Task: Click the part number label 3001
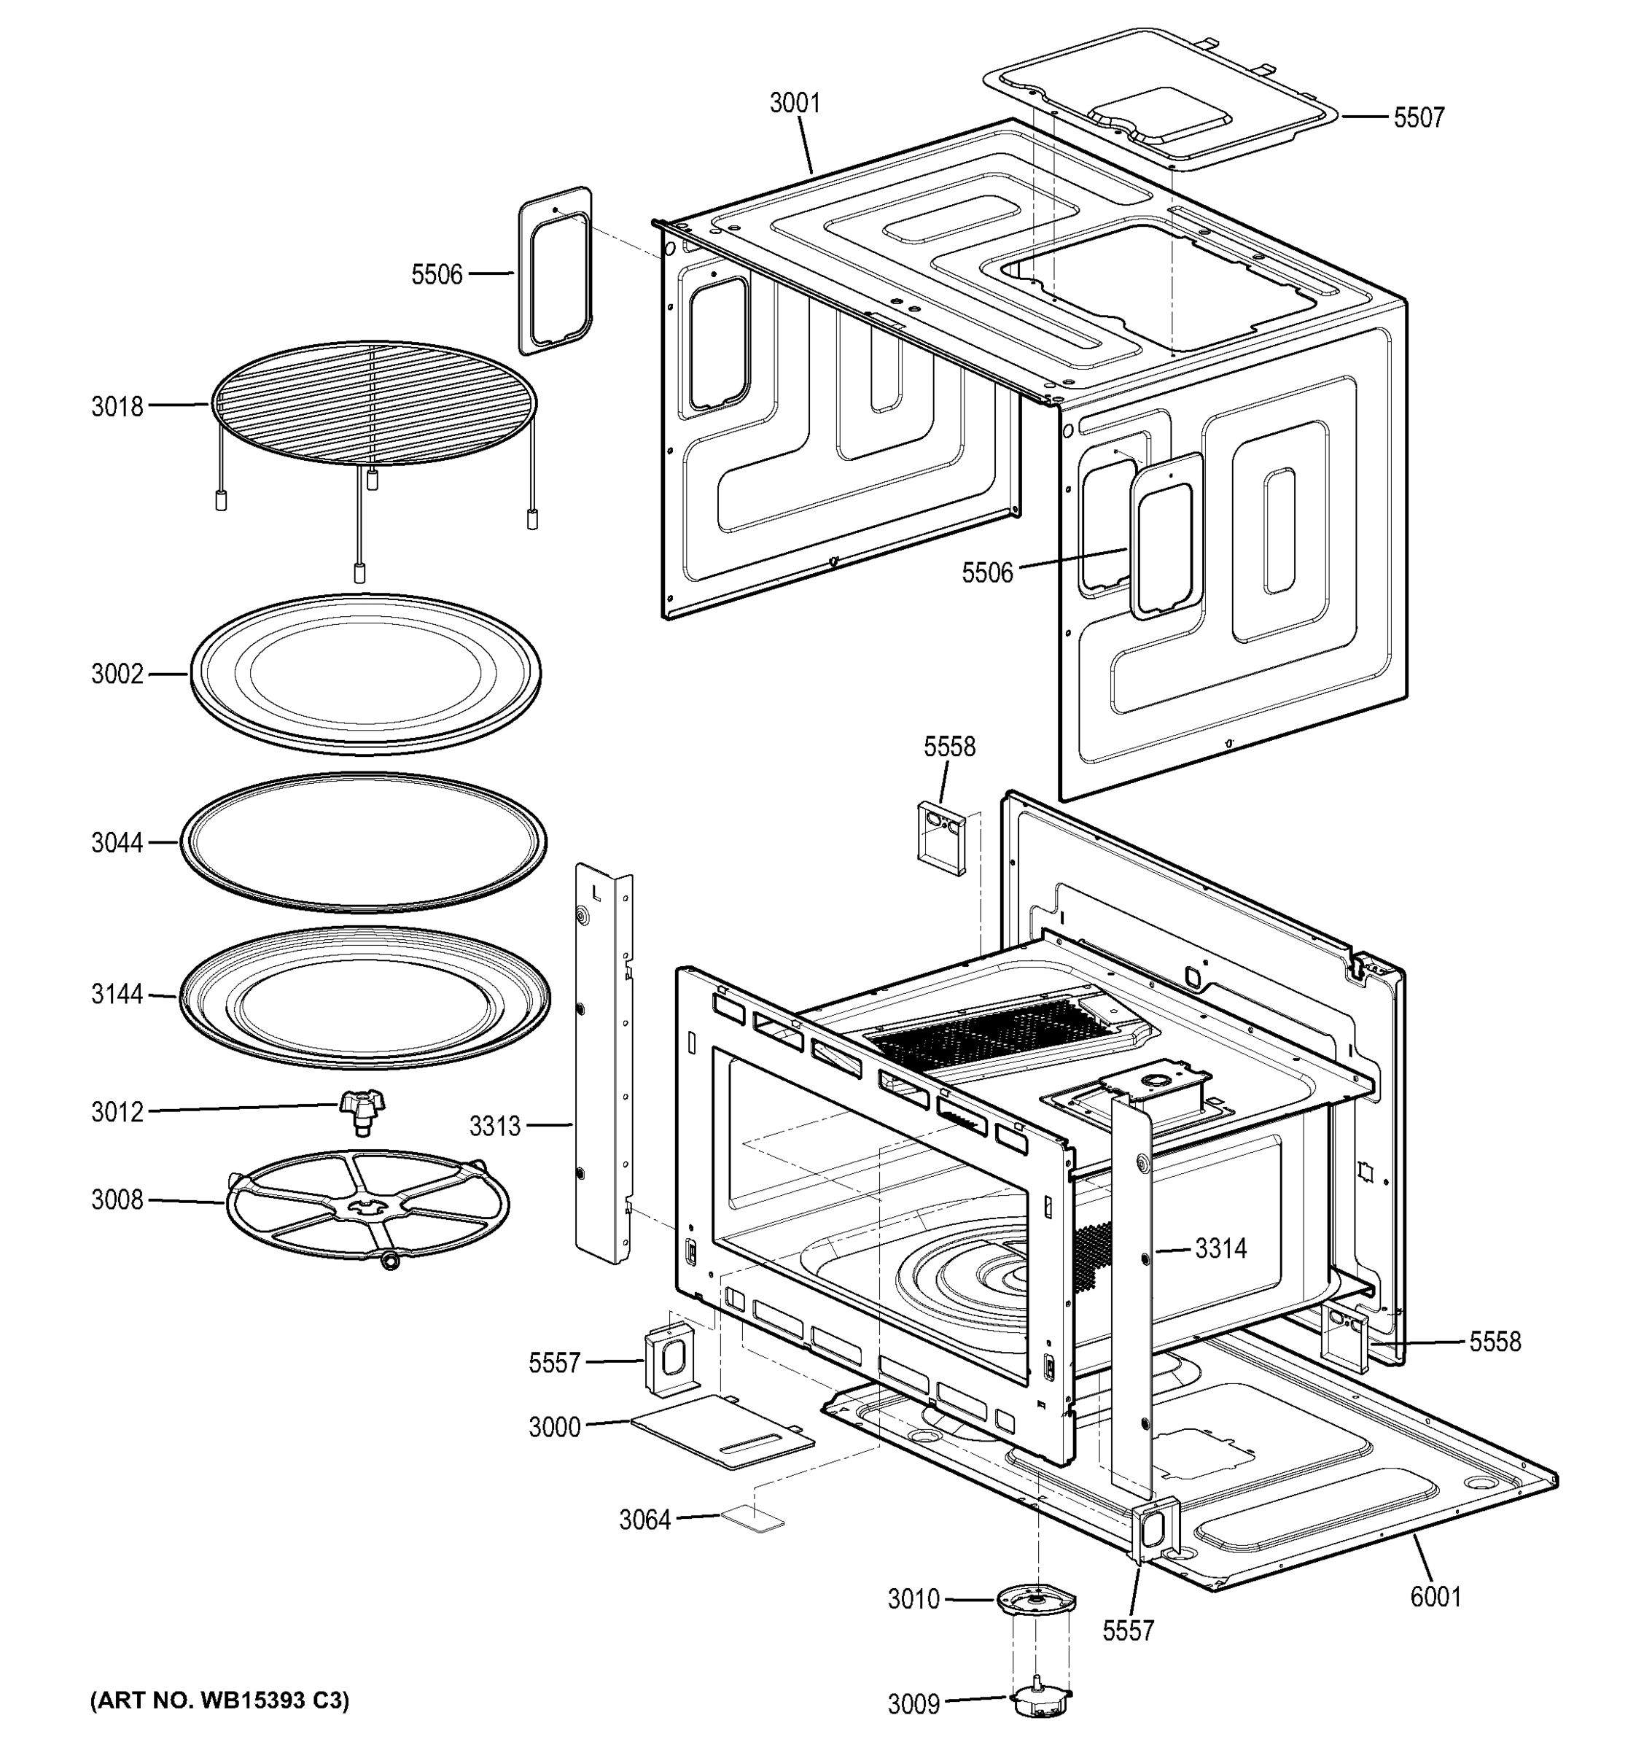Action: (794, 104)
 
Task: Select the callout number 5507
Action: (1418, 118)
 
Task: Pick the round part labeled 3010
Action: (1036, 1601)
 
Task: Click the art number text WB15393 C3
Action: (219, 1700)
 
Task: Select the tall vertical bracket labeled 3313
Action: (603, 1065)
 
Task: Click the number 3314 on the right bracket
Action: (1220, 1248)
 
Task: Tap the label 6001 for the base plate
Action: (1435, 1596)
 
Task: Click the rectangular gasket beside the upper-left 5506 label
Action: (556, 271)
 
